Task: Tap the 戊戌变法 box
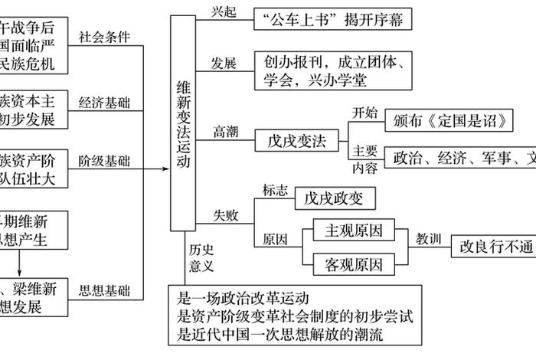click(296, 142)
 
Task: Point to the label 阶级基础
click(105, 162)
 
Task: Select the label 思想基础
click(105, 291)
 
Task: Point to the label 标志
click(275, 188)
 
